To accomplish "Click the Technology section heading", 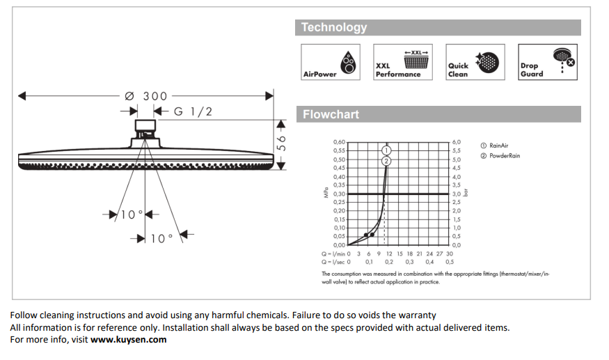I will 334,28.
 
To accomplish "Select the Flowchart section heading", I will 331,114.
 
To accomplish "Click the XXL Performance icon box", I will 401,62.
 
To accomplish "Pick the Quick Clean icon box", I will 475,62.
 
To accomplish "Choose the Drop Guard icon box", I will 547,62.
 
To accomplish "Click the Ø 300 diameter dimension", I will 146,95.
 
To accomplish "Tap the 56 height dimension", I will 282,143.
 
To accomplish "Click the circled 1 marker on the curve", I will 386,150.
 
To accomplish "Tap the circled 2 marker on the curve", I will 386,160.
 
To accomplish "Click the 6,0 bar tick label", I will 457,142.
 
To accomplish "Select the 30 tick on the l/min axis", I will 450,253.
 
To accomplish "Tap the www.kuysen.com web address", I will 129,340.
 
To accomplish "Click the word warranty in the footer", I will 418,315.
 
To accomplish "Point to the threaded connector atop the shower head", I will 144,127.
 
